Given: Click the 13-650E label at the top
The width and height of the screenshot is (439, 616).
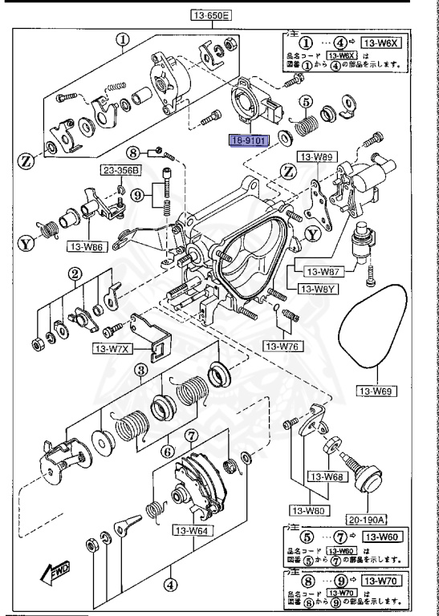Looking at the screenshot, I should pyautogui.click(x=210, y=14).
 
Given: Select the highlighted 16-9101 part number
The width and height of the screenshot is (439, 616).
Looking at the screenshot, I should pyautogui.click(x=250, y=140).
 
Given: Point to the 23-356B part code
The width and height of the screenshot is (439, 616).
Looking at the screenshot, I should pyautogui.click(x=120, y=170).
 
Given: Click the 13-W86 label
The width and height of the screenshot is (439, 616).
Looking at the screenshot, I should pyautogui.click(x=86, y=248).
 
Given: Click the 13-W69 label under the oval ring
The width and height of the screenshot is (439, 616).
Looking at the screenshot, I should pyautogui.click(x=375, y=391).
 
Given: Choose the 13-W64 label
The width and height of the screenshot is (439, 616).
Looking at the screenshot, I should pyautogui.click(x=191, y=529).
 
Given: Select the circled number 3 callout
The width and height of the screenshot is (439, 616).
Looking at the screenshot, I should pyautogui.click(x=140, y=370).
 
